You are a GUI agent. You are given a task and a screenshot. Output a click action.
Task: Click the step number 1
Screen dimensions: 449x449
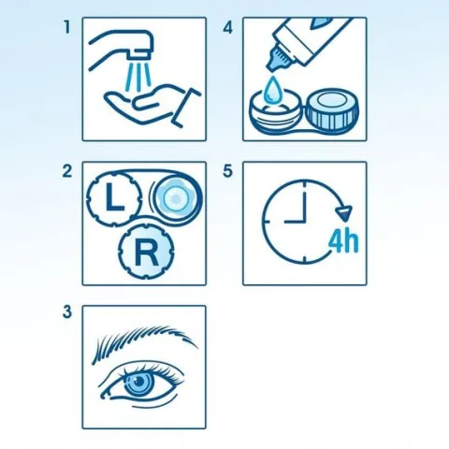pos(66,27)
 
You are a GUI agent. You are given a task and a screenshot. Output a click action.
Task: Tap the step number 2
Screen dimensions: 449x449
pos(67,171)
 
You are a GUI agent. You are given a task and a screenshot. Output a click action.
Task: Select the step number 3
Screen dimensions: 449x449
pos(67,311)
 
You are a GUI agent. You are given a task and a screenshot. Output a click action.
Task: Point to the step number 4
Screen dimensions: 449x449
pos(228,27)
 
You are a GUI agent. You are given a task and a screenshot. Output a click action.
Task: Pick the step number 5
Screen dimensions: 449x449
pos(228,171)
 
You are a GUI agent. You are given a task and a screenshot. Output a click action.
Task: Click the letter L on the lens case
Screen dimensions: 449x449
pos(114,197)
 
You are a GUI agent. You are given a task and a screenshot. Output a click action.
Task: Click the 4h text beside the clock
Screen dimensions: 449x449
pos(344,241)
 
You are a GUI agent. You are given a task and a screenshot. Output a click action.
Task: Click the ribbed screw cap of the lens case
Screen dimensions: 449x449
pos(331,112)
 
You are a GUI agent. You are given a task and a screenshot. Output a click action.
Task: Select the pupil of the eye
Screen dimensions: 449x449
pos(138,381)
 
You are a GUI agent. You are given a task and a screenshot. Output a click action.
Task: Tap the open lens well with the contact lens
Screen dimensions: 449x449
pos(176,197)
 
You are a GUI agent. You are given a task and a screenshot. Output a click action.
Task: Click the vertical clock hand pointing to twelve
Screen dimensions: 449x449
pos(304,203)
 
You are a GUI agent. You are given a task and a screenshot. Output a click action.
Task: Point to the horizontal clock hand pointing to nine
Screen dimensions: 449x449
pos(295,222)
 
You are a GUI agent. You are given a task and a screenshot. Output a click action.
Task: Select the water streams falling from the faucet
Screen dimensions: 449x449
pos(138,77)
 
